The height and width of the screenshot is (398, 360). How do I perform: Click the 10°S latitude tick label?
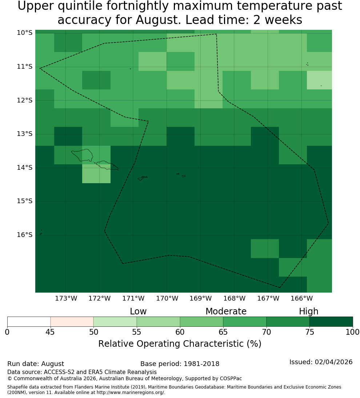tap(25, 33)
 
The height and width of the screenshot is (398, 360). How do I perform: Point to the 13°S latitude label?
tap(25, 134)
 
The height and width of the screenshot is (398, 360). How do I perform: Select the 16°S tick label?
tap(25, 235)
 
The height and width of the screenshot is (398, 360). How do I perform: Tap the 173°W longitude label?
tap(66, 298)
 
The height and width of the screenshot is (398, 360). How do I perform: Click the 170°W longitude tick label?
tap(167, 298)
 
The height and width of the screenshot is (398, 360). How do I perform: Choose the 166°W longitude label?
tap(301, 298)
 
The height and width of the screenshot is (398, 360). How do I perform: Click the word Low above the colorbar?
tap(138, 311)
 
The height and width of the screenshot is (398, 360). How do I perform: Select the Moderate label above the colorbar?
tap(226, 311)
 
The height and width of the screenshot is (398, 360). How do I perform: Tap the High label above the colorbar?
tap(308, 311)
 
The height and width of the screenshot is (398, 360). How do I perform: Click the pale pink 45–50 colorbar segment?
tap(72, 322)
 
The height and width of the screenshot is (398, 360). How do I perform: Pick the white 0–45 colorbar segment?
tap(29, 322)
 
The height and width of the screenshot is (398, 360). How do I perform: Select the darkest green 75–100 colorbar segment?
tap(331, 322)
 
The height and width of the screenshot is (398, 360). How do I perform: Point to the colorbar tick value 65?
tap(223, 332)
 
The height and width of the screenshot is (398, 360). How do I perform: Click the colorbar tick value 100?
tap(353, 332)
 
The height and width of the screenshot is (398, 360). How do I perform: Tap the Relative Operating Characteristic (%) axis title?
tap(180, 344)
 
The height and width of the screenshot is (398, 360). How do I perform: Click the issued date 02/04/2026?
tap(333, 362)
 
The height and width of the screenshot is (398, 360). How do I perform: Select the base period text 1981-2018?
tap(201, 364)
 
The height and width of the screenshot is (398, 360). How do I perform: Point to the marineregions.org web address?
tap(131, 393)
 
